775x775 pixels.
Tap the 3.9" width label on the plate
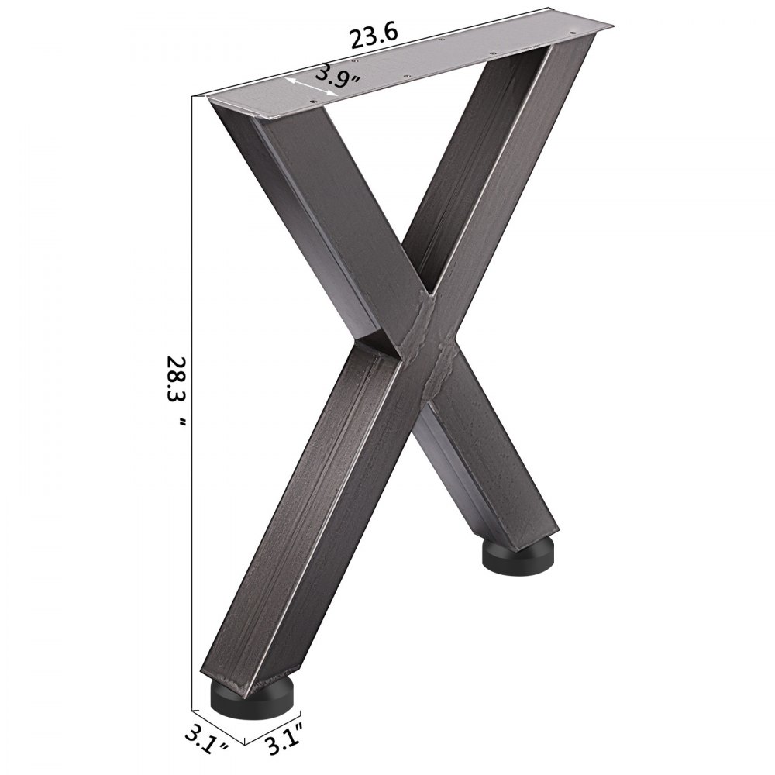pos(338,76)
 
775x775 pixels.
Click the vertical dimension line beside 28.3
pos(192,387)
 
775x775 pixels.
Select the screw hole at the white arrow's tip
pos(313,101)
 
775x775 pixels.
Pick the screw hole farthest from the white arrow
pos(574,32)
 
